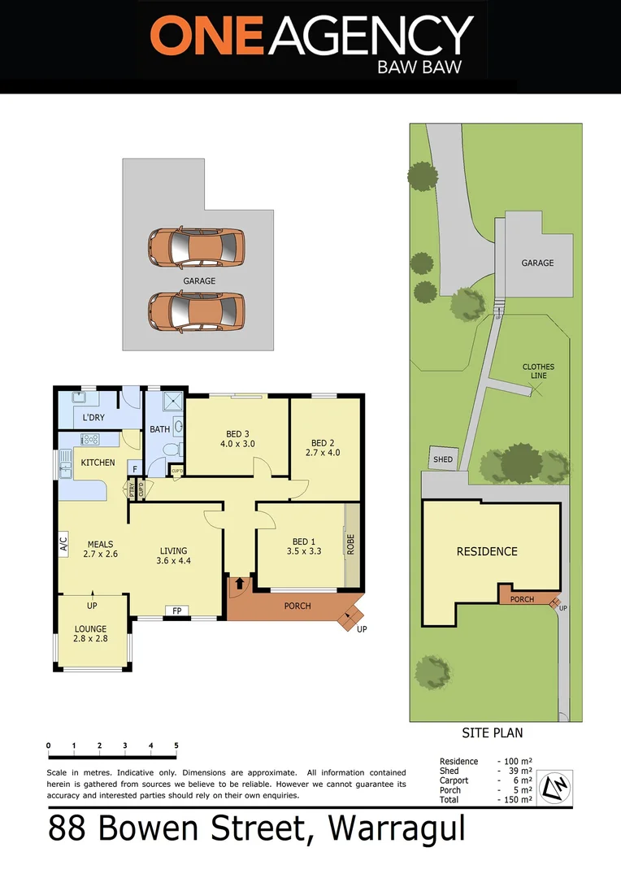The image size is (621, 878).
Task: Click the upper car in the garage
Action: tap(196, 247)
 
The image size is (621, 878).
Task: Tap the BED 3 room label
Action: tap(237, 438)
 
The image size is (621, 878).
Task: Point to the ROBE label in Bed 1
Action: tap(351, 544)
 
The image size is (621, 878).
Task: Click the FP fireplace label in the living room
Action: tap(175, 611)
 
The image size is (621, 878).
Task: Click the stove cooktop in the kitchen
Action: tap(89, 440)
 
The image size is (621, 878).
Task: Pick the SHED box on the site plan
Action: tap(443, 459)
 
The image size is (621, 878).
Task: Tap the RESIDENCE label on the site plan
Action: tap(487, 551)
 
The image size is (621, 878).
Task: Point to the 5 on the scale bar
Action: tap(176, 745)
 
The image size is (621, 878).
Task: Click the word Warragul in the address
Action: tap(396, 828)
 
